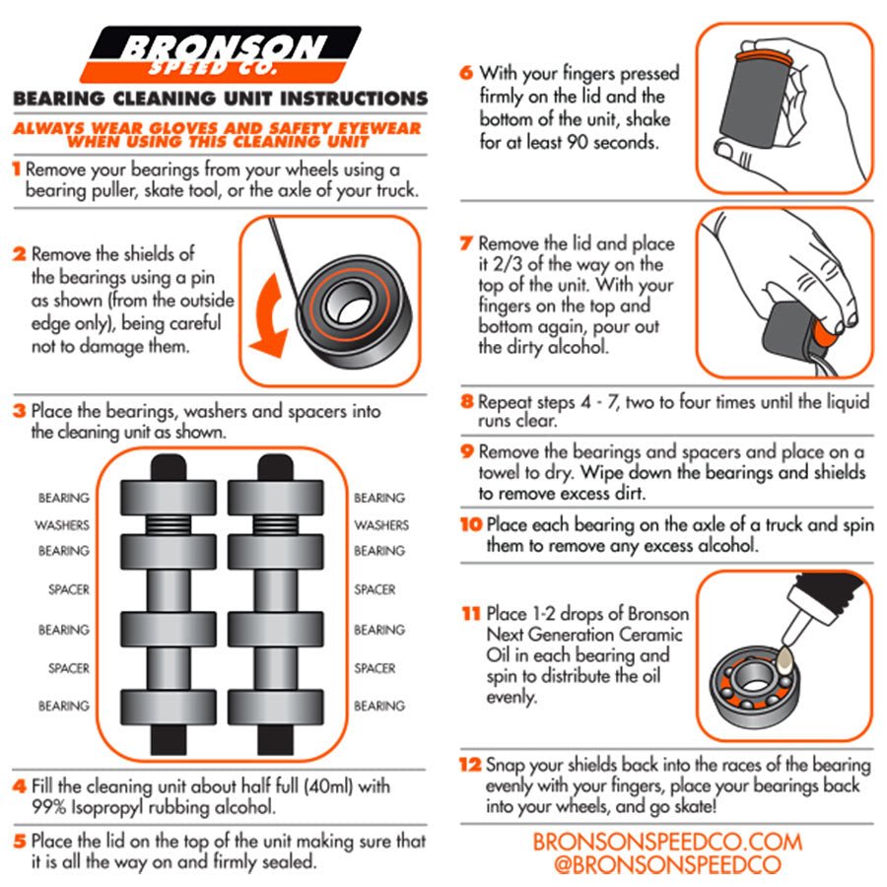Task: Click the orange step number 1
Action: [x=17, y=169]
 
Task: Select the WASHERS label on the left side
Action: [x=63, y=525]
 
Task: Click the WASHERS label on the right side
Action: [x=380, y=525]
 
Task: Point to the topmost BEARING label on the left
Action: [x=63, y=498]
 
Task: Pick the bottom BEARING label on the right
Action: [x=379, y=706]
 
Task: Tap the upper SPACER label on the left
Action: [x=69, y=589]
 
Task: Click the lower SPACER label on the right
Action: [x=375, y=668]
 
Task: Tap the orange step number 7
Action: [x=467, y=243]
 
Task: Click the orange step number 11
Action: [x=471, y=613]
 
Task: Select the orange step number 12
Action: [x=471, y=765]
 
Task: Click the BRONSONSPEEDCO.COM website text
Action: [x=667, y=843]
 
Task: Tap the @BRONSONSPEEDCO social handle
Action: [x=667, y=865]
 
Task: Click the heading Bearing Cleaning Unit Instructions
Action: [x=221, y=99]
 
